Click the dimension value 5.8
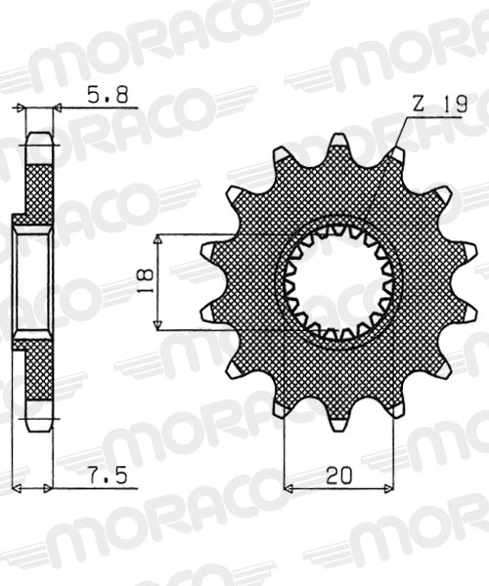(x=107, y=96)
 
